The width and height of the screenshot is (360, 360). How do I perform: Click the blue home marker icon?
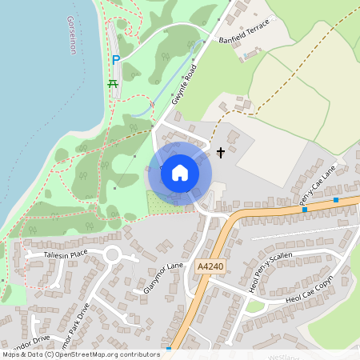180,173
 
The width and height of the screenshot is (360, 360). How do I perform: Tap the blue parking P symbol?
116,60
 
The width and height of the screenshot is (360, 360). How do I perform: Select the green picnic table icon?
113,82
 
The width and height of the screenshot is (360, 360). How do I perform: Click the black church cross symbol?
221,151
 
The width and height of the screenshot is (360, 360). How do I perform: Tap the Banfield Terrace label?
246,31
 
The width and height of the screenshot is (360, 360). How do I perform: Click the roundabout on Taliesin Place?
111,256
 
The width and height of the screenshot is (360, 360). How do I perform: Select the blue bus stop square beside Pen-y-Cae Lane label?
336,199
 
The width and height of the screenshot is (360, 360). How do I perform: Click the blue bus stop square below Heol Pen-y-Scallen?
305,210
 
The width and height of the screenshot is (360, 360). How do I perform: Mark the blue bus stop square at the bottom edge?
169,349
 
